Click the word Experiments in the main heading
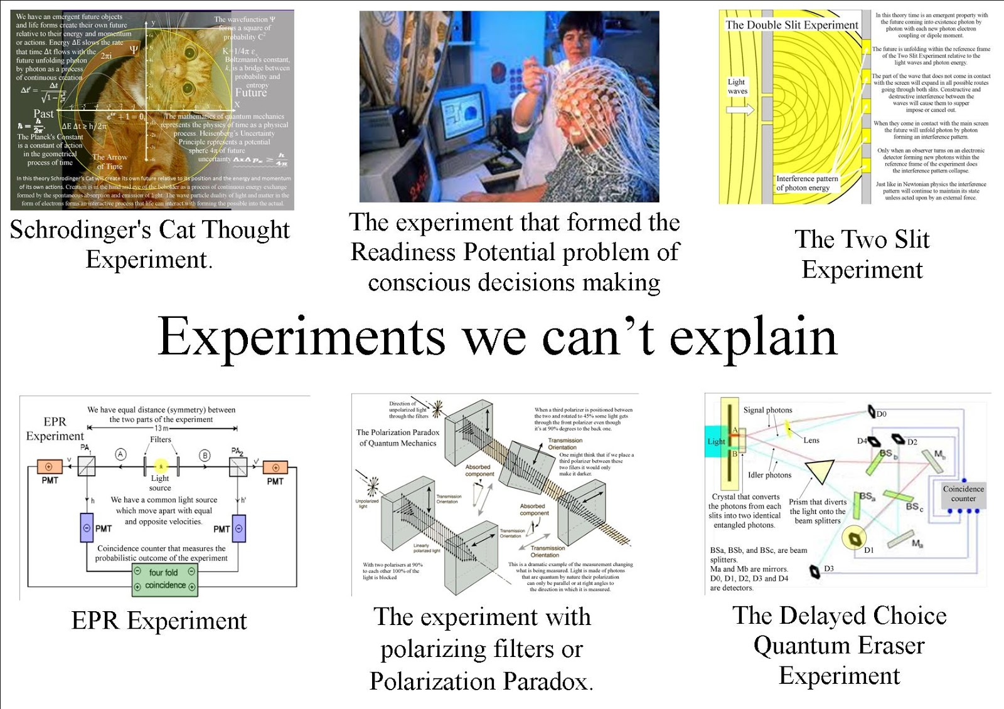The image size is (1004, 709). [x=301, y=337]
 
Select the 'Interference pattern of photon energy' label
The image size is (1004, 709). [x=806, y=183]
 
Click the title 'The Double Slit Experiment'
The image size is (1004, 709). [x=791, y=25]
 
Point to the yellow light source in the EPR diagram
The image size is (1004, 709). [x=161, y=466]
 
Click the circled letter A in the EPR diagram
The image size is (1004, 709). [x=121, y=455]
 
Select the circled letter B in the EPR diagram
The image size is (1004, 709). [x=205, y=456]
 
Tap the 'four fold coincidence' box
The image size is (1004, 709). [x=164, y=579]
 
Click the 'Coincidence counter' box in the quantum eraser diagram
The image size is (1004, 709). [x=963, y=493]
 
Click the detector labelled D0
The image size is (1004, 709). [x=872, y=412]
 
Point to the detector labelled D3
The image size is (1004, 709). [x=814, y=571]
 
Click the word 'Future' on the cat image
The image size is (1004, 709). [x=251, y=93]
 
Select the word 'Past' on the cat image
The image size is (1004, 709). [x=43, y=113]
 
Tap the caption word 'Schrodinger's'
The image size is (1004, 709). [x=80, y=230]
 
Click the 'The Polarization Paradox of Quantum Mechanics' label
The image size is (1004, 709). [x=398, y=438]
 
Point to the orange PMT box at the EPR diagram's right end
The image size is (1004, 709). [x=275, y=467]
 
